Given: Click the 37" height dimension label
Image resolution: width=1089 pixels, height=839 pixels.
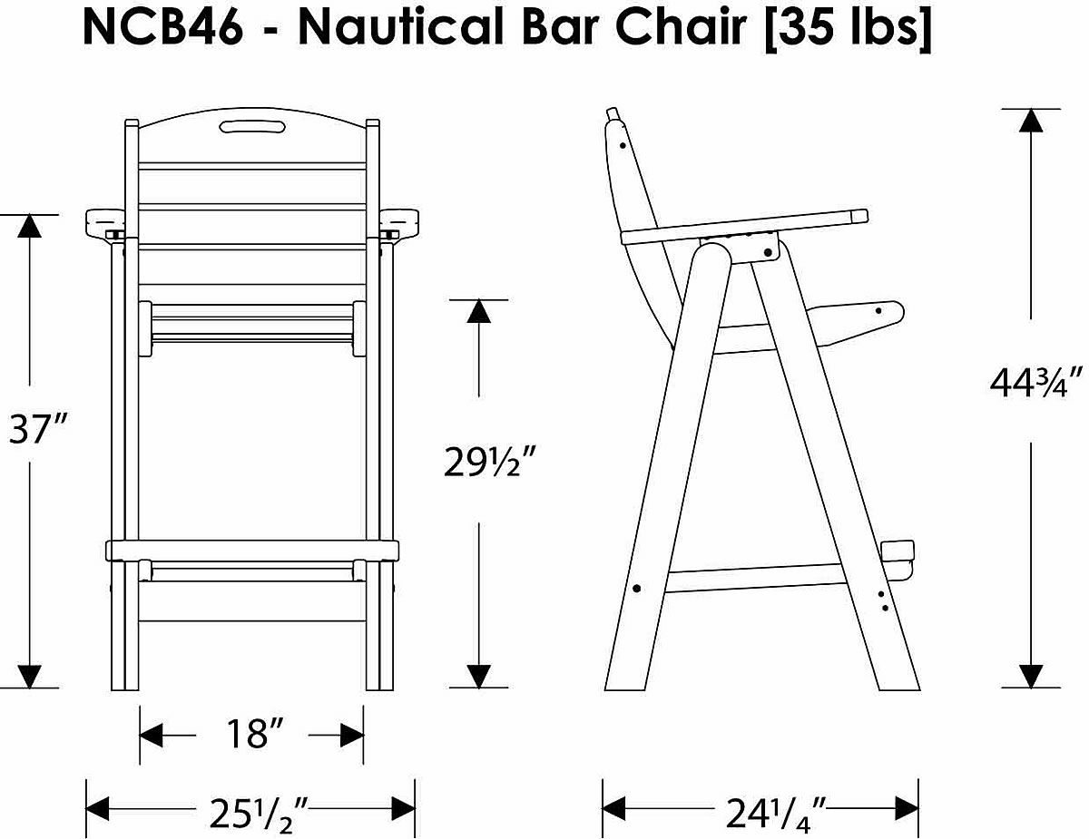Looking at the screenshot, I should [x=39, y=429].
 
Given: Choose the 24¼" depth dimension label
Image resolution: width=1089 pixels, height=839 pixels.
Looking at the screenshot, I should [x=774, y=810].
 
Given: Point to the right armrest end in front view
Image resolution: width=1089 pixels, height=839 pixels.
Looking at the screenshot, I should [x=398, y=221].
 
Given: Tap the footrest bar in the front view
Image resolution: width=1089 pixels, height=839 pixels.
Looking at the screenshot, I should [x=252, y=551].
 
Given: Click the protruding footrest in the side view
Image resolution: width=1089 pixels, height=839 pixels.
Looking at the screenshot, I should [x=898, y=554].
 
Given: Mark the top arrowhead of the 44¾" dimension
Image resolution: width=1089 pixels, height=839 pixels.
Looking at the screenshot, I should [x=1030, y=121].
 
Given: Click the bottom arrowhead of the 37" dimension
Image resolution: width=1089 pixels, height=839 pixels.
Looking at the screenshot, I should [x=30, y=675].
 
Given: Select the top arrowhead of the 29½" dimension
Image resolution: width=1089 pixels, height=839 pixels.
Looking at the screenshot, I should [x=478, y=311].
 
